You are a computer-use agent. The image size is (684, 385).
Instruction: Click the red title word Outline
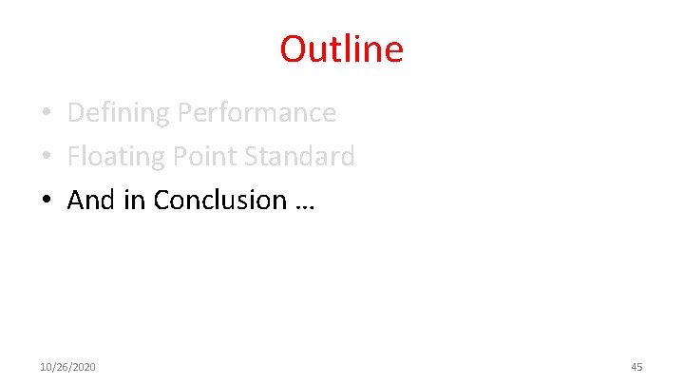tap(341, 48)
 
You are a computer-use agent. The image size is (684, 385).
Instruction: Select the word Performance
tap(256, 113)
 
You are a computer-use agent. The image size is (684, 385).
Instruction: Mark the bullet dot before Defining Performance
tap(47, 114)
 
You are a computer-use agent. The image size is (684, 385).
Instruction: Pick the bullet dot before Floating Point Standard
tap(47, 157)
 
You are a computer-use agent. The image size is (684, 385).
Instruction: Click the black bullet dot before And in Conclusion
tap(47, 201)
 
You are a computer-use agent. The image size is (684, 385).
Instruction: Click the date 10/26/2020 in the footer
tap(67, 367)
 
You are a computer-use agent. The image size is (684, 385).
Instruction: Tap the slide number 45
tap(636, 367)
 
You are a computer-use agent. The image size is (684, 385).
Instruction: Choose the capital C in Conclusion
tap(161, 200)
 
